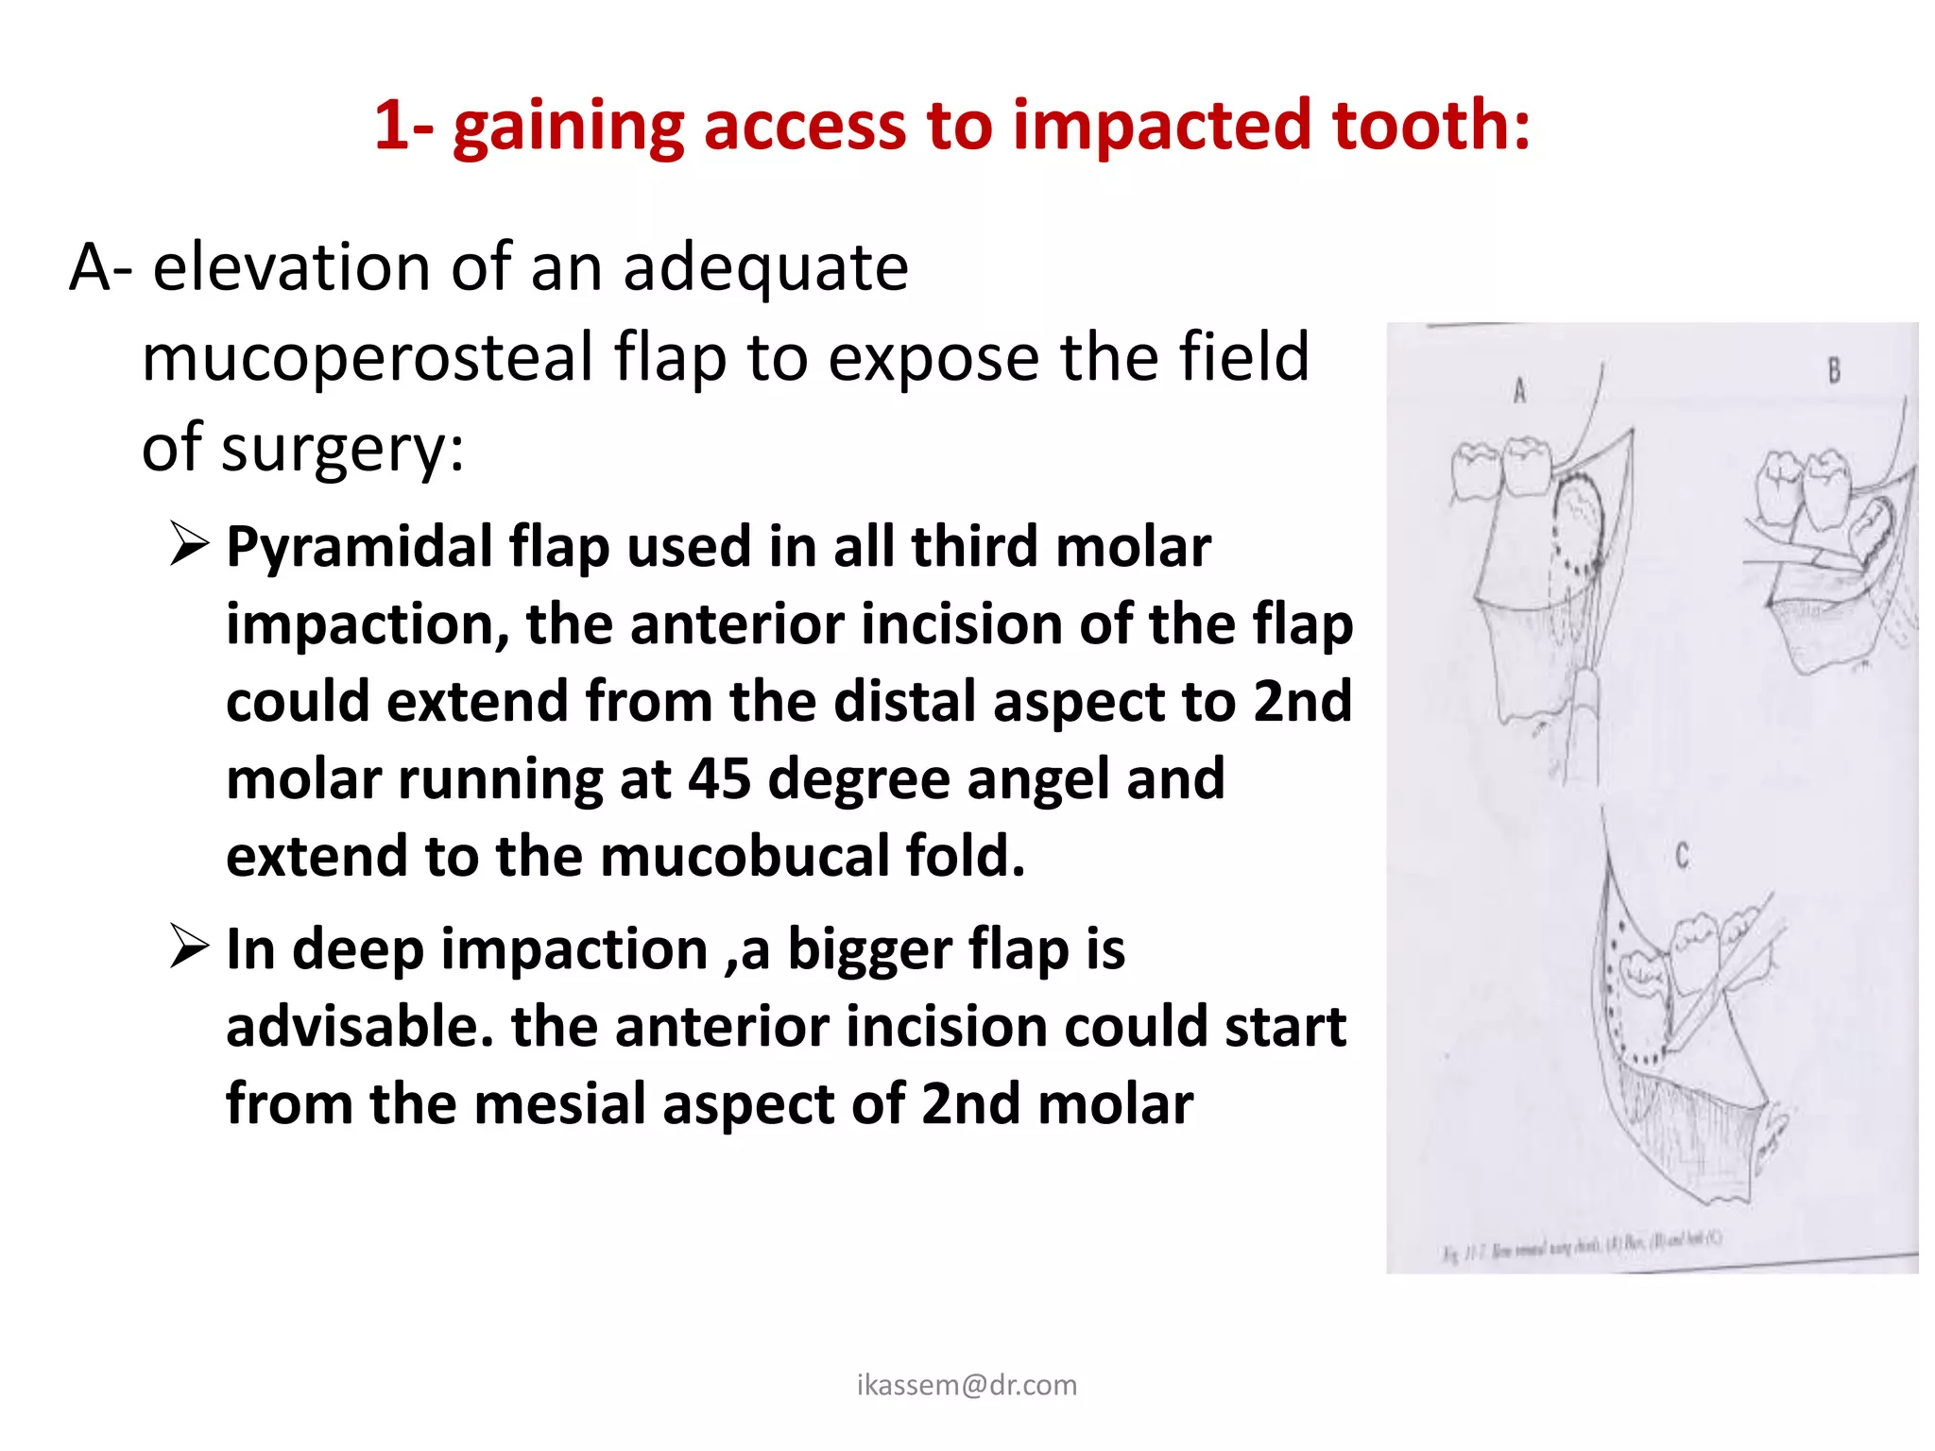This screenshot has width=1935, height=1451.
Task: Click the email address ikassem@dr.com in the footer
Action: (967, 1385)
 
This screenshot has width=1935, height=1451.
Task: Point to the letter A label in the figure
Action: (1519, 390)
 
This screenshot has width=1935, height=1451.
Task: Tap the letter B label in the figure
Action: (1834, 370)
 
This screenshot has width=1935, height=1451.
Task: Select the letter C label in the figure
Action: (1682, 857)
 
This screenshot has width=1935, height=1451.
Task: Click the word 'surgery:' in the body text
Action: (342, 448)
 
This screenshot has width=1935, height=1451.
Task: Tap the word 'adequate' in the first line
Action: (765, 268)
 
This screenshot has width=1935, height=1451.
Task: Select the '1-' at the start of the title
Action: (403, 126)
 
